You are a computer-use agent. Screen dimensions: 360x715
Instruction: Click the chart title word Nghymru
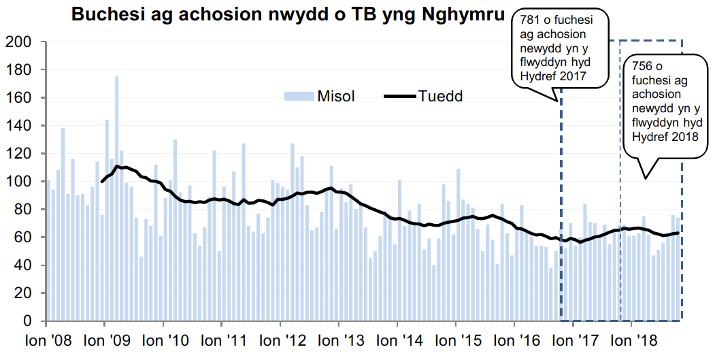(x=463, y=14)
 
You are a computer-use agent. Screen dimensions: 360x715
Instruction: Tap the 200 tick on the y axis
(x=20, y=42)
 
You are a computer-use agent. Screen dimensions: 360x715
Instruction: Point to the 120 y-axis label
(x=20, y=154)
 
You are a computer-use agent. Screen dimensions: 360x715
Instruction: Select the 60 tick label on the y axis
(x=24, y=238)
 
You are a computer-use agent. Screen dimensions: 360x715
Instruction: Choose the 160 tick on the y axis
(x=20, y=98)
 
